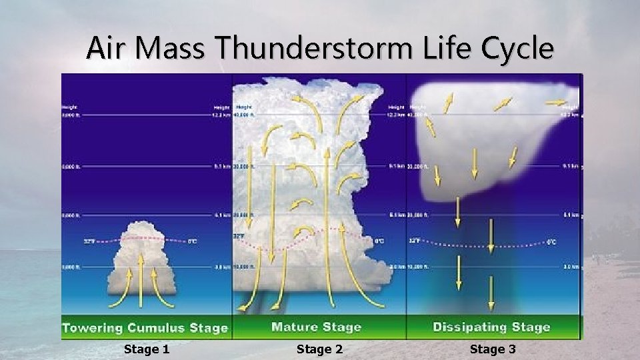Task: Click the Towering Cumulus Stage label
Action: [x=145, y=328]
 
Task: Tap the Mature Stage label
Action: [x=316, y=327]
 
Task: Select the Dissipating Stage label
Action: [x=491, y=327]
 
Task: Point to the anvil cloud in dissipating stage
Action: [x=493, y=140]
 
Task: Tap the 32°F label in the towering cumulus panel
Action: [x=89, y=241]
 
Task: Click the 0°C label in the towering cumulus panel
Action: [x=192, y=241]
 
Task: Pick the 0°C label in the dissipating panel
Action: [x=551, y=242]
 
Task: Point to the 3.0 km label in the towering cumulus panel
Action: [x=223, y=267]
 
